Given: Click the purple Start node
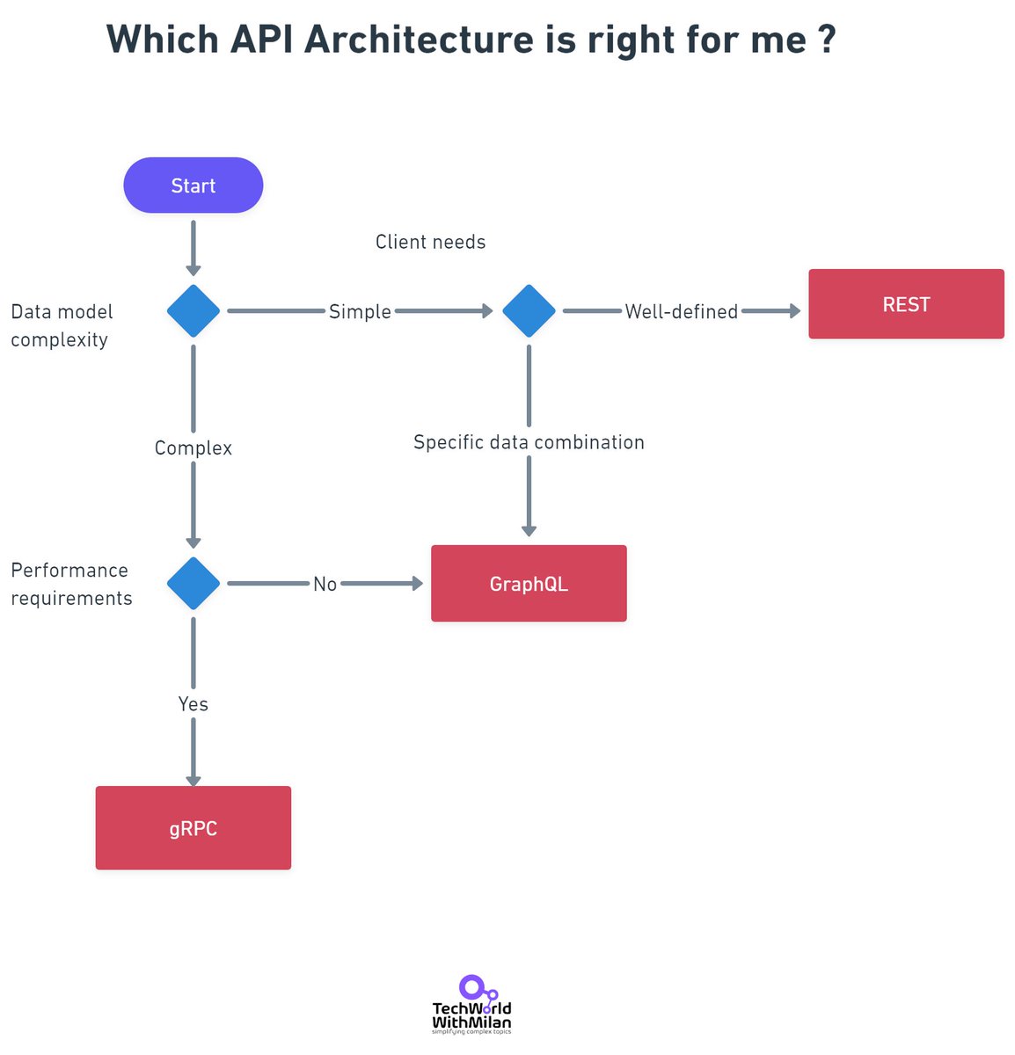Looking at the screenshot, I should [x=193, y=186].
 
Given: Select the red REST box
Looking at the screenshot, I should [x=906, y=304].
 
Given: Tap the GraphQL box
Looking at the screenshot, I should [x=529, y=584].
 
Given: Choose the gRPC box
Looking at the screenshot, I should [x=193, y=828].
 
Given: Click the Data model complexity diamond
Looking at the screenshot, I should [x=193, y=310].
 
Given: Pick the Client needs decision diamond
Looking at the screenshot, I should [x=529, y=310].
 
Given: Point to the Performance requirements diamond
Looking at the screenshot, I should [x=193, y=583].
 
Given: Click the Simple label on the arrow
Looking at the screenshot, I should [x=360, y=311].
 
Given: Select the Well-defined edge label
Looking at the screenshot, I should [x=681, y=311].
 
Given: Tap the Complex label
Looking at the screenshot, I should [x=193, y=447].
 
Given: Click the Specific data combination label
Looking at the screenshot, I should [x=529, y=442].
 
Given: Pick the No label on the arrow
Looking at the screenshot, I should [x=325, y=584].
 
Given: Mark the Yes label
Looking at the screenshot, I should [x=193, y=704].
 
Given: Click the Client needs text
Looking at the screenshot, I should [x=430, y=242].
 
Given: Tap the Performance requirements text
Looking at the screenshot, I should [x=70, y=584].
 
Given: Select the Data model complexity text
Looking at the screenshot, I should [x=62, y=325].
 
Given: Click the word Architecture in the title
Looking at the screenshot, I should [x=419, y=40].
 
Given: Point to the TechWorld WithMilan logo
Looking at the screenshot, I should [x=471, y=1005].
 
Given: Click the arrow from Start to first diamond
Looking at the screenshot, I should [x=193, y=246].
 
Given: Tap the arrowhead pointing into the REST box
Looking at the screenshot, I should [x=794, y=310].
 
